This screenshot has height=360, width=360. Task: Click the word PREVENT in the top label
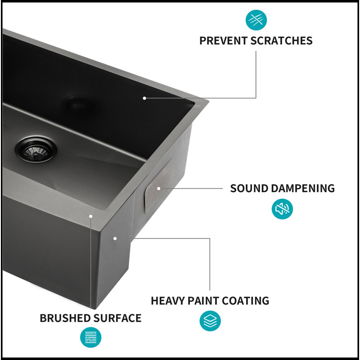[223, 40]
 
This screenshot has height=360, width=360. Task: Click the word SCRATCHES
[281, 40]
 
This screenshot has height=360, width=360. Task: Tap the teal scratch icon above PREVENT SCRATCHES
[256, 20]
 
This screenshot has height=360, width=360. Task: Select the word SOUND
[249, 188]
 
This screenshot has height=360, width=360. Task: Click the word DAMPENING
[302, 188]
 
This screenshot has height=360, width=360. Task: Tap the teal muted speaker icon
[282, 209]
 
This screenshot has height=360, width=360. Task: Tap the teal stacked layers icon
[210, 321]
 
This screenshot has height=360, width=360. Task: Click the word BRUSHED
[65, 318]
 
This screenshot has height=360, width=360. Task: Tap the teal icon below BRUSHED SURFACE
[91, 337]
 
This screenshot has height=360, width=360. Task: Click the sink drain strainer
[36, 149]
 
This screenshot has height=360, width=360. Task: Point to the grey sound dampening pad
[158, 186]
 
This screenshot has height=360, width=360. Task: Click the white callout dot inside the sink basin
[144, 98]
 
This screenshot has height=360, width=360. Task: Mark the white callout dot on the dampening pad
[159, 189]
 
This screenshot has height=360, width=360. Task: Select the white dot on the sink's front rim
[91, 216]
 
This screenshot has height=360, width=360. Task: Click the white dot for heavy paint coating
[115, 238]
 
